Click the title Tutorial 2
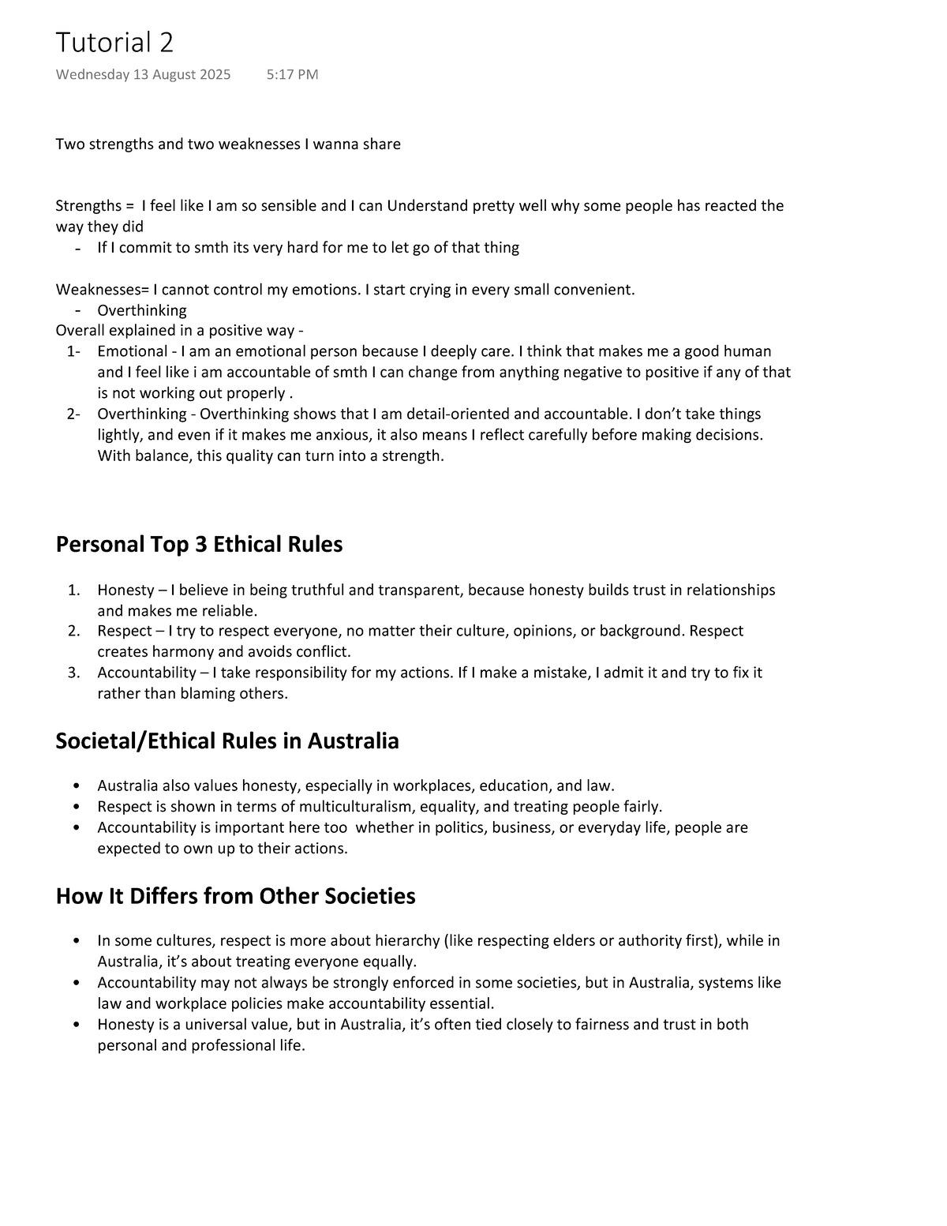click(x=114, y=43)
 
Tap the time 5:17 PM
click(x=292, y=75)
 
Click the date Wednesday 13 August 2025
click(x=143, y=75)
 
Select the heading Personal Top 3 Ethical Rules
click(x=199, y=545)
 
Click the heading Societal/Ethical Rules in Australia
click(x=227, y=741)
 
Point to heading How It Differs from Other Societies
click(x=235, y=897)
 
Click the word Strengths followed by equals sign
click(x=84, y=206)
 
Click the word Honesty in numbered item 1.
click(x=125, y=591)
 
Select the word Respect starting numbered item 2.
click(x=124, y=632)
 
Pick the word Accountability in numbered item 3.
click(x=146, y=673)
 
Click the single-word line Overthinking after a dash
click(x=142, y=310)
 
